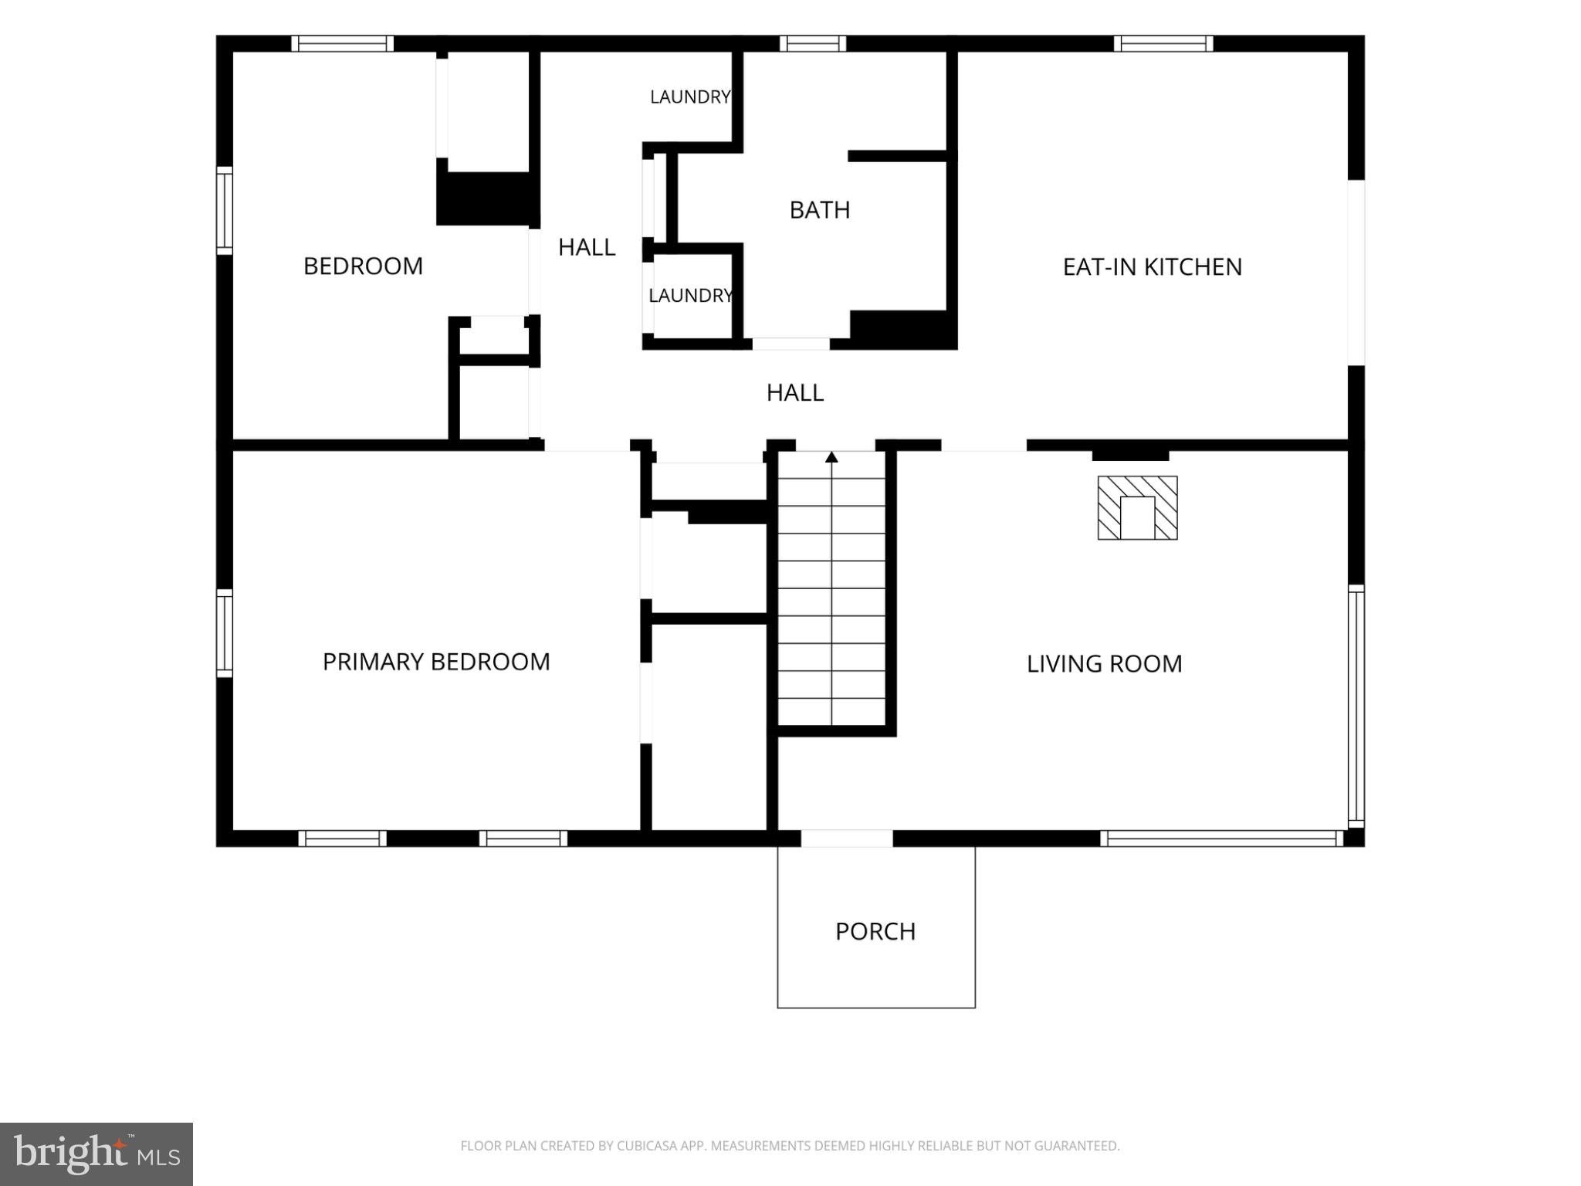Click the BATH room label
point(820,210)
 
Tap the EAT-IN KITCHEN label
point(1153,267)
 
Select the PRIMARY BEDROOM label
point(436,662)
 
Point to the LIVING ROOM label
point(1105,664)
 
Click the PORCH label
point(875,931)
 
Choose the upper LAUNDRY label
point(690,97)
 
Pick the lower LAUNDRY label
point(690,296)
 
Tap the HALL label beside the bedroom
point(587,247)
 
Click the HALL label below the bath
point(795,393)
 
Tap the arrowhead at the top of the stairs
point(831,457)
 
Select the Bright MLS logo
point(96,1154)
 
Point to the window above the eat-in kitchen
point(1163,43)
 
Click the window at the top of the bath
point(813,43)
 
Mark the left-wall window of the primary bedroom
point(225,633)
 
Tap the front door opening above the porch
point(847,839)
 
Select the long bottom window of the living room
point(1222,839)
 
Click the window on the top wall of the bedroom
point(343,43)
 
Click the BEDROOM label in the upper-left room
point(363,266)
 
